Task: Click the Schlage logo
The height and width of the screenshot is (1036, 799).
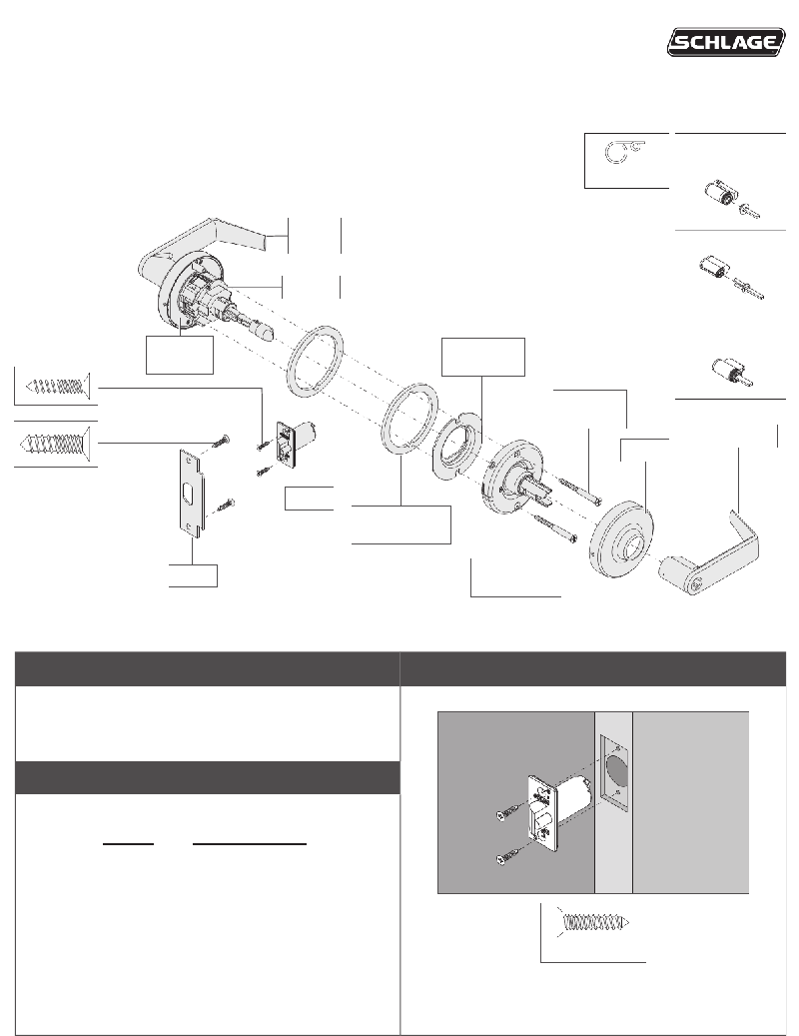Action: point(726,42)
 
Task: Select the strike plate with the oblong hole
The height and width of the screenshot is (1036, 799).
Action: point(193,492)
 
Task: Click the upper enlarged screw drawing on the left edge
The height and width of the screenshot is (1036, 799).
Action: point(56,386)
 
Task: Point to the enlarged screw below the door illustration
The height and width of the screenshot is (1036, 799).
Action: point(595,922)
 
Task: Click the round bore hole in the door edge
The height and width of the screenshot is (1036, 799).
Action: point(615,770)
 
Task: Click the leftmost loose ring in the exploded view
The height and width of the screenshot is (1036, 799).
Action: point(316,362)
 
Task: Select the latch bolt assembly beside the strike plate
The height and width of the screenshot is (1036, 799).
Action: point(298,442)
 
